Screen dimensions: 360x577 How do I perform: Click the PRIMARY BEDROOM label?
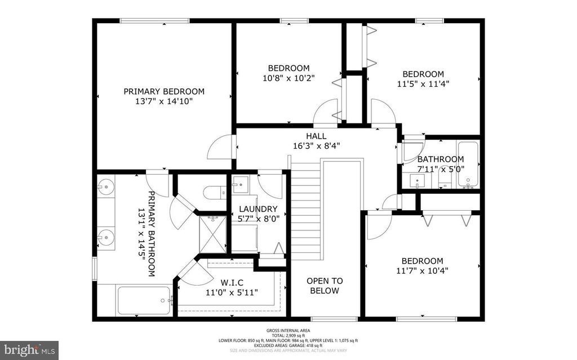[164, 91]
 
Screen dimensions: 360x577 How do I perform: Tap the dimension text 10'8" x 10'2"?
[288, 78]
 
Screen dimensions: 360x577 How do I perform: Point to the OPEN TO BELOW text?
[324, 286]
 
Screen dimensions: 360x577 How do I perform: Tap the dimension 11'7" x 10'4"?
[422, 270]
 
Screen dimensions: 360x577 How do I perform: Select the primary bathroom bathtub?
[144, 300]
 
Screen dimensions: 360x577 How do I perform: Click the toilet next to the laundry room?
[213, 191]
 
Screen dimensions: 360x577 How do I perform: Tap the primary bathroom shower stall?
[212, 234]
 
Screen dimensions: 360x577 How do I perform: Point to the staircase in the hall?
[307, 208]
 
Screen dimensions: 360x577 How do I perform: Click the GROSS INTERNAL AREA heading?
[288, 331]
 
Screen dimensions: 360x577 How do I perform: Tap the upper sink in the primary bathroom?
[105, 187]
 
